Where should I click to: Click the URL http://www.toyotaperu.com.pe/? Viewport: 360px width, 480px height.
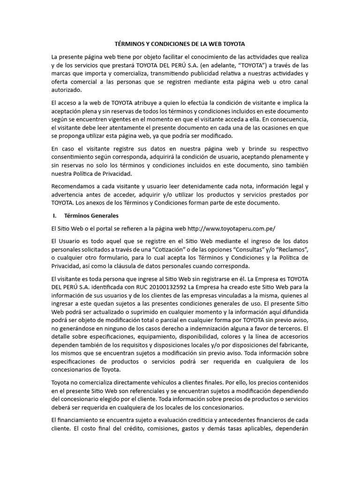point(232,229)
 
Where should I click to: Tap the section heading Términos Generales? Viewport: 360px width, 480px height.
point(91,216)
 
